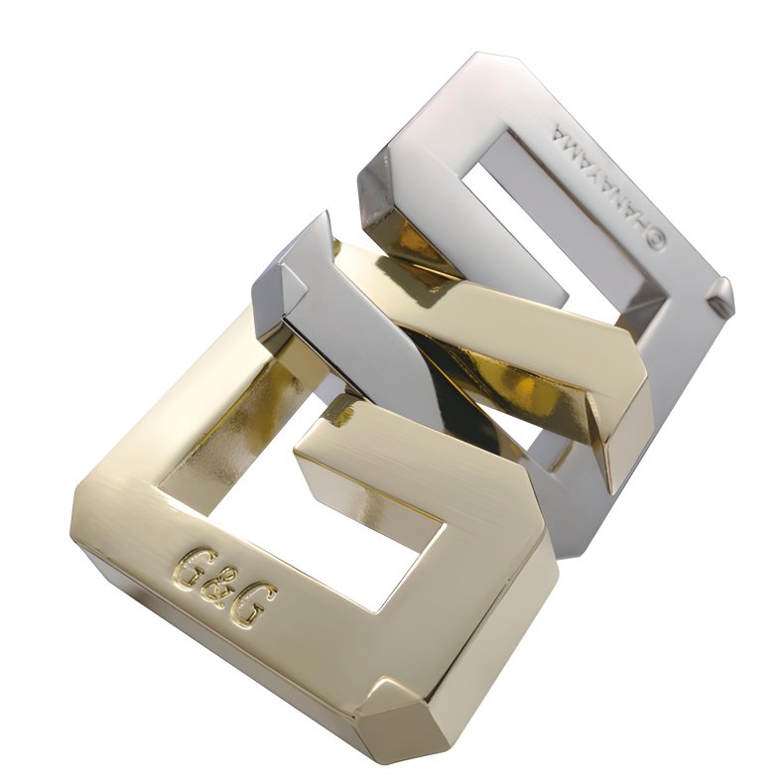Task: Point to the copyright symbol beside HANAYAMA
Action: point(656,240)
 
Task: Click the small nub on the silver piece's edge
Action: point(722,291)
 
